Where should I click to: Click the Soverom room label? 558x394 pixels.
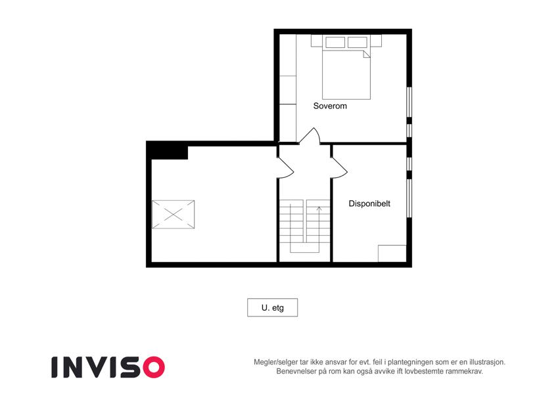[x=330, y=106]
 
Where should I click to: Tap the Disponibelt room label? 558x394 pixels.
[x=369, y=204]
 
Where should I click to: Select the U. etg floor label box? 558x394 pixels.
[x=273, y=307]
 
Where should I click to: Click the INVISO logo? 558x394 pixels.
[x=108, y=367]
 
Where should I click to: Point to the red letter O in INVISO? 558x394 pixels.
[x=154, y=367]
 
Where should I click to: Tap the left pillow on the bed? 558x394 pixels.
[x=335, y=42]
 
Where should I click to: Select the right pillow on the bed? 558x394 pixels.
[x=358, y=42]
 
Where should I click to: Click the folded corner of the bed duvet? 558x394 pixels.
[x=367, y=54]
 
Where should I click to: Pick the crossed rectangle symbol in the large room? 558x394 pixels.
[x=174, y=215]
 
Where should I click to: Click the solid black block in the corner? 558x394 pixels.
[x=167, y=150]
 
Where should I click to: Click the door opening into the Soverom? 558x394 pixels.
[x=310, y=136]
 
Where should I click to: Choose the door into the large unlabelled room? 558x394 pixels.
[x=285, y=167]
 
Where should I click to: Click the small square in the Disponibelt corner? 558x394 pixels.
[x=392, y=253]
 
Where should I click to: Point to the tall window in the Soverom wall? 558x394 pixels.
[x=409, y=102]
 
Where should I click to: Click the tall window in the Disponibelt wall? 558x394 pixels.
[x=409, y=198]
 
